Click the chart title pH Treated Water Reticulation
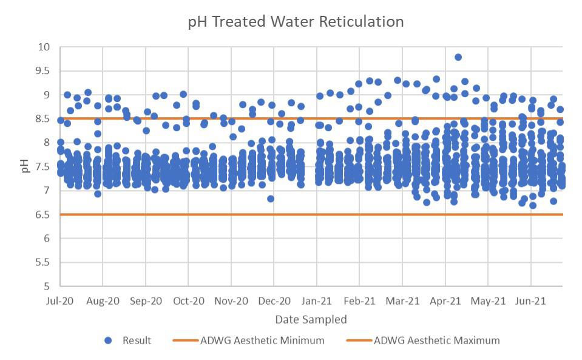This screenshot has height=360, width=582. point(296,22)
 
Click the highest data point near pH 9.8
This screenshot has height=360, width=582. point(458,57)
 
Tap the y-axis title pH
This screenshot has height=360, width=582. point(25,166)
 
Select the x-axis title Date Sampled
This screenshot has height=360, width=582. point(311,319)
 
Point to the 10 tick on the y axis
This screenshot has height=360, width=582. point(43,47)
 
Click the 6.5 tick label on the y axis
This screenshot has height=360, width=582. point(44,215)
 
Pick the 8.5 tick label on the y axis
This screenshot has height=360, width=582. point(44,119)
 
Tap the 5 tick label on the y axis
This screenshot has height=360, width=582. point(46,287)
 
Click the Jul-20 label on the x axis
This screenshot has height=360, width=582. point(60,301)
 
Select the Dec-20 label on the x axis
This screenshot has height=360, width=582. point(274,301)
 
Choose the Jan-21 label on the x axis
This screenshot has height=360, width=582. point(317,301)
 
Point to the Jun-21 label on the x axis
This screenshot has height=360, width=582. point(531,301)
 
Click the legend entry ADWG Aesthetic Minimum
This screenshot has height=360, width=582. point(262,341)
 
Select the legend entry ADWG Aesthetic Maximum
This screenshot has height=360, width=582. point(436,341)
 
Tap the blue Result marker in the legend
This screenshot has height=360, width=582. point(109,341)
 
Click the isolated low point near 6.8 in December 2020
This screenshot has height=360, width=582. point(271,199)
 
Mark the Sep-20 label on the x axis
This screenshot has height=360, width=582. point(146,301)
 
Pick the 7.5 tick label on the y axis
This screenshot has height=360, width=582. point(44,167)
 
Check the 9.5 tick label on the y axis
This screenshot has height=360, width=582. point(44,71)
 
